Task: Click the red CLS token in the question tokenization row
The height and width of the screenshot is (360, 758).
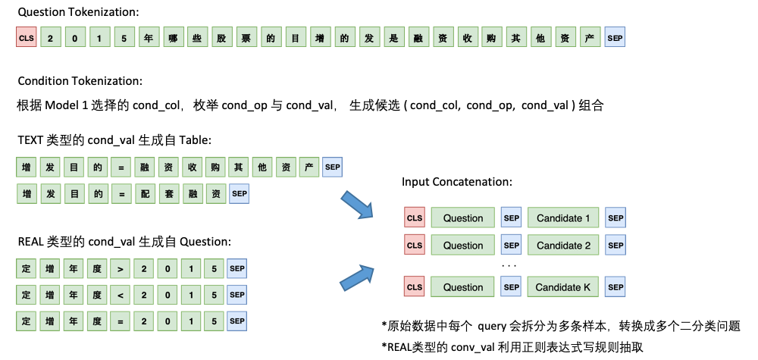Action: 26,38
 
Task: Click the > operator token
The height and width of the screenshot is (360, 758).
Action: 121,269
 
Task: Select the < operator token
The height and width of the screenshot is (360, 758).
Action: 121,295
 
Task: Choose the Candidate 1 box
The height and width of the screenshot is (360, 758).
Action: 563,218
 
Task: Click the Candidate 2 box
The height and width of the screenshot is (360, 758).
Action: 563,246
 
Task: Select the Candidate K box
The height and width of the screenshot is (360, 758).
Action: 563,287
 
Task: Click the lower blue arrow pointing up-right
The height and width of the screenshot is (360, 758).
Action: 356,277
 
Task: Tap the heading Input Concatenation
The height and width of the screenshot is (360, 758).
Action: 457,182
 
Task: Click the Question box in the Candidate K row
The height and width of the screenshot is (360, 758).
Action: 463,287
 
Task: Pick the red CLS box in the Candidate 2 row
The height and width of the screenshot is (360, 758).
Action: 415,246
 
